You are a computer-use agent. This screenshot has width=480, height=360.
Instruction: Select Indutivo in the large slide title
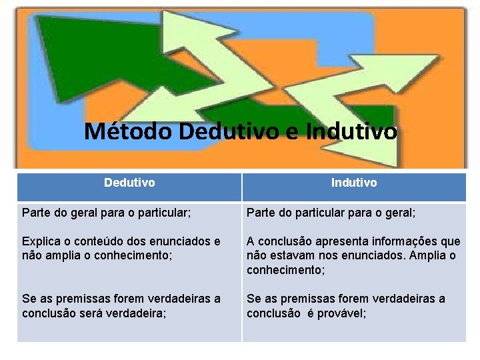tap(353, 131)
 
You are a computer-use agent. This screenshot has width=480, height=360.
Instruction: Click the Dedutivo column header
tap(129, 182)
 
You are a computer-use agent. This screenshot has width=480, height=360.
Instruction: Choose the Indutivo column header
tap(354, 183)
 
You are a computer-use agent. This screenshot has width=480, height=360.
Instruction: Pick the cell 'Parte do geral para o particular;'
tap(107, 213)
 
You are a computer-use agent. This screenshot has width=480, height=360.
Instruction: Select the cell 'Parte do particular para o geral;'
tap(331, 213)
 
